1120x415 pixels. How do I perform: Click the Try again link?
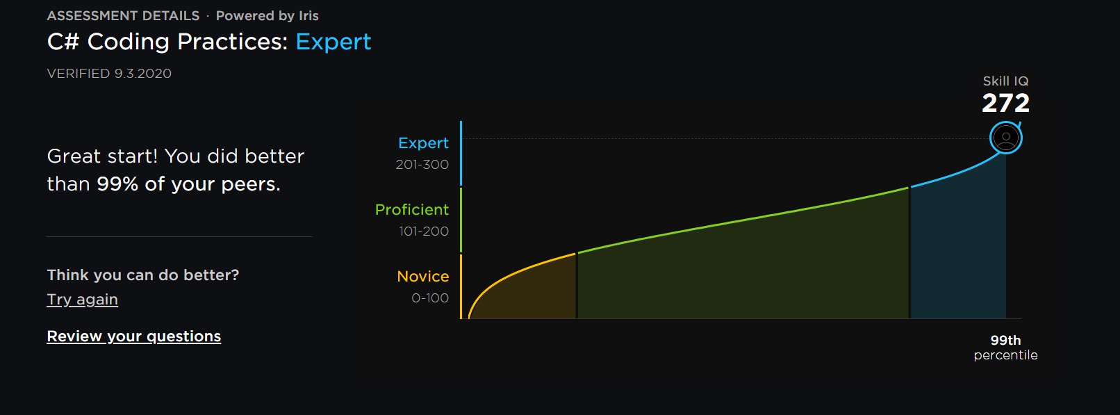coord(83,300)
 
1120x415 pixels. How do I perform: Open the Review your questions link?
coord(134,336)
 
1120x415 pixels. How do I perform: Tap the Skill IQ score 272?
coord(1005,103)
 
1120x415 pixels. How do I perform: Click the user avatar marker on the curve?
coord(1006,138)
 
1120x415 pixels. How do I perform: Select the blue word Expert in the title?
coord(333,42)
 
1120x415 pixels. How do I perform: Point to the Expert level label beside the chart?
coord(424,143)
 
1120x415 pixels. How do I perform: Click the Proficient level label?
coord(412,209)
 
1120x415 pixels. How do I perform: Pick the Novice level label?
coord(423,277)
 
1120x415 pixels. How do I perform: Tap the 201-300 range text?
coord(422,165)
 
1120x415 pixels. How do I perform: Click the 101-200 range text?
coord(424,231)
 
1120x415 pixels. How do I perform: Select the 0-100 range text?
coord(430,298)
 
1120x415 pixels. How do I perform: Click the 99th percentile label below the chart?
coord(1005,348)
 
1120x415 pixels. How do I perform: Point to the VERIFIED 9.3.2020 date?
coord(109,74)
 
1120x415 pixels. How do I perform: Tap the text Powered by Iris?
coord(267,16)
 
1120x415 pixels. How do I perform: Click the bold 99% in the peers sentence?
coord(117,184)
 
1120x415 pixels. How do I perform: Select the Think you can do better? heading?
coord(143,275)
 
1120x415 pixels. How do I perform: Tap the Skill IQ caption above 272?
coord(1005,81)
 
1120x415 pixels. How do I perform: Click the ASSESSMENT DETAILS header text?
coord(123,16)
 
